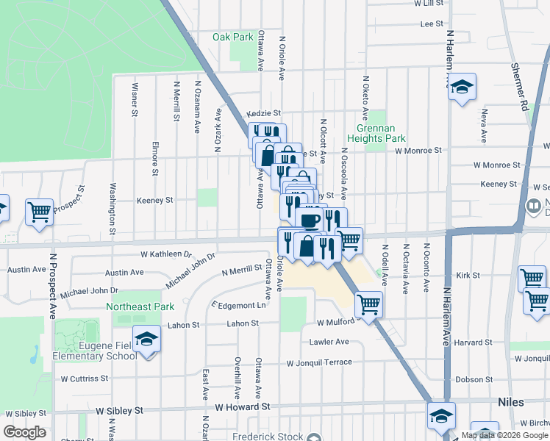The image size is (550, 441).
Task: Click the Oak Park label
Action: [x=232, y=37]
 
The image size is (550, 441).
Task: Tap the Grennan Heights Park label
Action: [x=376, y=133]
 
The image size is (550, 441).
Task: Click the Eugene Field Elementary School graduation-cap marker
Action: [x=147, y=340]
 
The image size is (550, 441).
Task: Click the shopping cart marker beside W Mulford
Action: [x=368, y=303]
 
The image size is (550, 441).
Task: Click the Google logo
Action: [x=24, y=432]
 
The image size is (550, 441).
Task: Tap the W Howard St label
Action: [x=243, y=406]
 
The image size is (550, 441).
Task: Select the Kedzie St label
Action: [x=268, y=113]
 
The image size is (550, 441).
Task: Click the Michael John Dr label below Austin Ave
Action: [x=89, y=293]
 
